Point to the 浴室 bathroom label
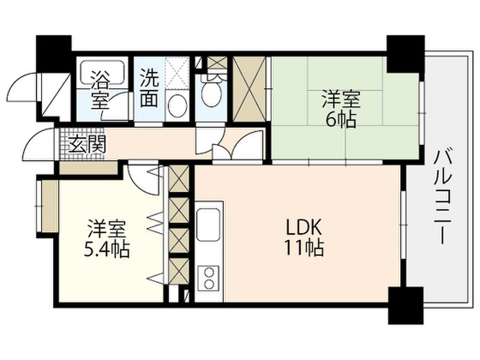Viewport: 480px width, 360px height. (x=100, y=90)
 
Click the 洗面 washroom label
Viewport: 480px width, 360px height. (x=149, y=88)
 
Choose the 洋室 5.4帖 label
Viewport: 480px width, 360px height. (x=107, y=239)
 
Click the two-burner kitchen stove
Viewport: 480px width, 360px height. (x=209, y=278)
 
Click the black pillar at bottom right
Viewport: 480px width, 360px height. (x=405, y=305)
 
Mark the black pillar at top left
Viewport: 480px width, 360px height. (x=53, y=53)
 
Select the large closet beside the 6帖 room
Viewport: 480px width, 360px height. (x=249, y=89)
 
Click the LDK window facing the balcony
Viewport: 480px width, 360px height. (x=404, y=225)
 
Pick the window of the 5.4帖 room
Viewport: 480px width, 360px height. (x=39, y=207)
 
